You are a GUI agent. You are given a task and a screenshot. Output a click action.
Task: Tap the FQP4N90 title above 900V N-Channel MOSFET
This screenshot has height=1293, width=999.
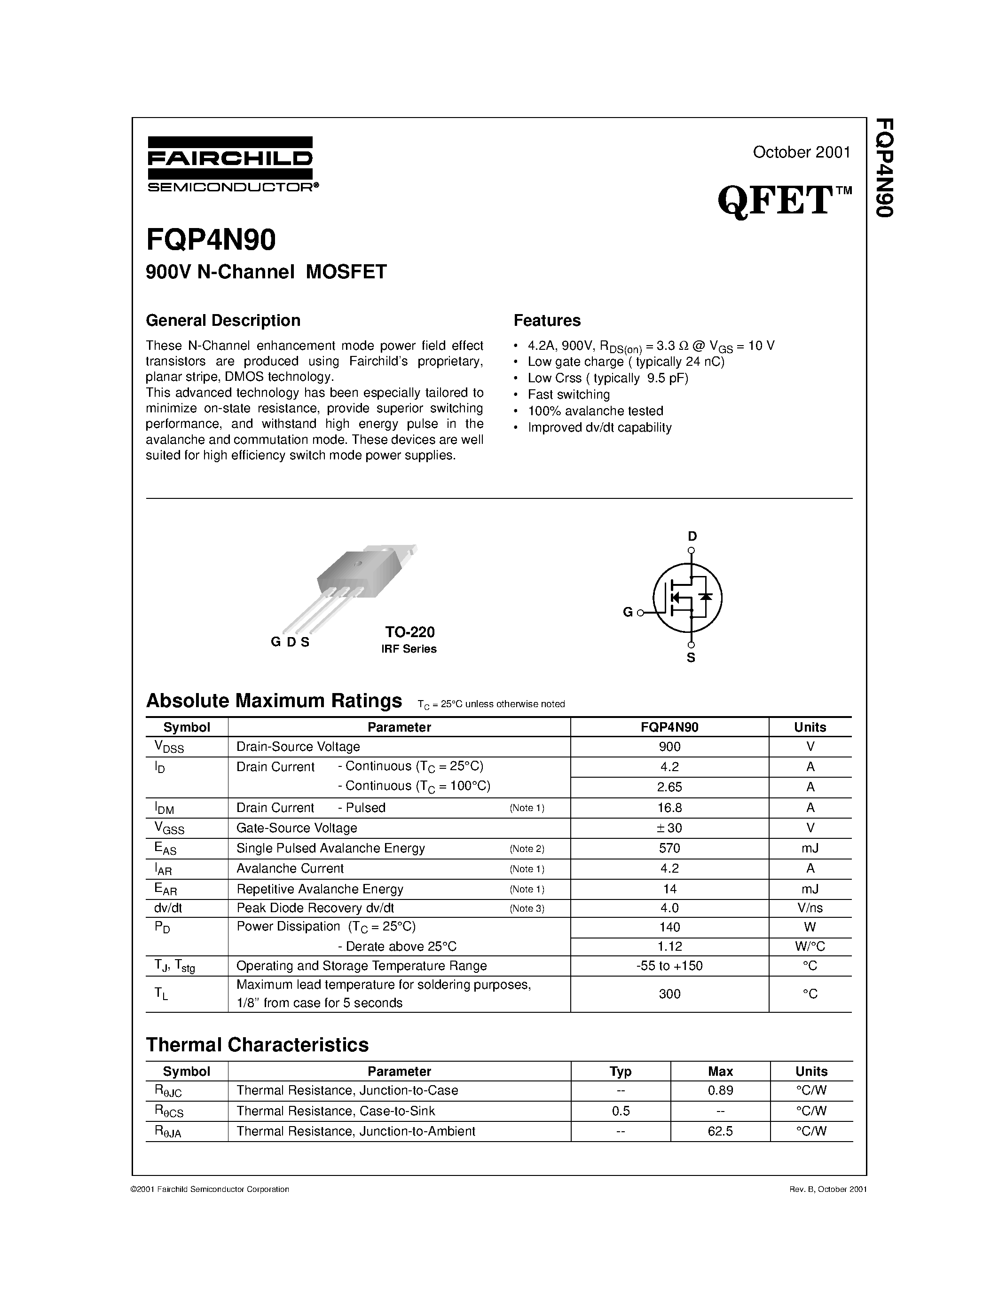pos(211,240)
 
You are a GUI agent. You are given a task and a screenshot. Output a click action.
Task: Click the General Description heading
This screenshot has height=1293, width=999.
pos(223,320)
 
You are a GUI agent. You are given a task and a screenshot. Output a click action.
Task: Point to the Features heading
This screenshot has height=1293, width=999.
pos(547,320)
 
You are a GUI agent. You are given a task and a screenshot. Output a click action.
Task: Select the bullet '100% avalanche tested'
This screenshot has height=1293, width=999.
pos(595,411)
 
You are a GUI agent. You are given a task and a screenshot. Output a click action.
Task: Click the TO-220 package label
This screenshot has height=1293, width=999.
pos(409,632)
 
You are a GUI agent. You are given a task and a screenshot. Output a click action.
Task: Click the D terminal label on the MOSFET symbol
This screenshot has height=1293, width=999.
pos(692,536)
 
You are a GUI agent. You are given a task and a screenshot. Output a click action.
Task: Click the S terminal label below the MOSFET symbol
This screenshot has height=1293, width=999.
pos(691,658)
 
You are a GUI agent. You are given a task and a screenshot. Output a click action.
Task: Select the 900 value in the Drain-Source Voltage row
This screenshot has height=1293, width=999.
pos(669,747)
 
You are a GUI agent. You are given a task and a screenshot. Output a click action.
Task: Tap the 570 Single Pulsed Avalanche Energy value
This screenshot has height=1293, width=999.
pos(669,848)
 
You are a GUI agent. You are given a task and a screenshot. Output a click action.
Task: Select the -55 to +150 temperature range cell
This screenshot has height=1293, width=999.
pos(669,966)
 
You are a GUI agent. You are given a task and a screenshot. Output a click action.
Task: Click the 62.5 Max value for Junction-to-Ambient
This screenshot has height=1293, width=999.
pos(720,1131)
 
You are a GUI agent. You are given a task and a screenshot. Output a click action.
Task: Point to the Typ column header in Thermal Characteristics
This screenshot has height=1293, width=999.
pos(620,1072)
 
